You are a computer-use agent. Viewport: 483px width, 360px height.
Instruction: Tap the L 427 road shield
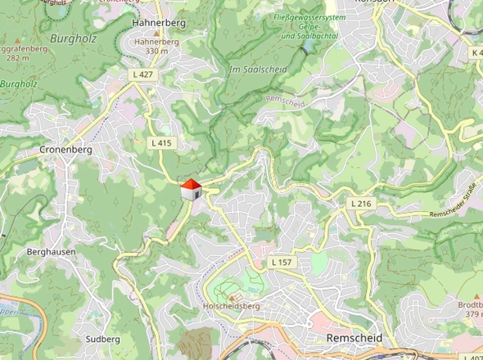tap(142, 74)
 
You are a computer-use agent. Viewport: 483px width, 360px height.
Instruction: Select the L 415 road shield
tap(162, 142)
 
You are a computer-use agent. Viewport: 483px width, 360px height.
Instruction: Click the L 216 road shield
tap(360, 203)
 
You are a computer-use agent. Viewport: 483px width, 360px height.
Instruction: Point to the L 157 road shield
tap(281, 262)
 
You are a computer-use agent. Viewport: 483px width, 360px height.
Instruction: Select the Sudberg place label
tap(102, 337)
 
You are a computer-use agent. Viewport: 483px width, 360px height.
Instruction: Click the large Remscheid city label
tap(353, 337)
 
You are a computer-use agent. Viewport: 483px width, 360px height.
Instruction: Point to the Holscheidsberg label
tap(229, 307)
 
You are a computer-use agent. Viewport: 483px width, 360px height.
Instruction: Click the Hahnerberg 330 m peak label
tap(156, 46)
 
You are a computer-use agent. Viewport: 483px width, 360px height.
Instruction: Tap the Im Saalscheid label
tap(258, 70)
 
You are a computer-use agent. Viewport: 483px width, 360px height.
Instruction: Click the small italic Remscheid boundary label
tap(284, 101)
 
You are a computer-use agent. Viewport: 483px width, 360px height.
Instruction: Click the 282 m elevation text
tap(16, 58)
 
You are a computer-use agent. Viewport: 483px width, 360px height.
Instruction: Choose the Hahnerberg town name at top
tap(156, 24)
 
